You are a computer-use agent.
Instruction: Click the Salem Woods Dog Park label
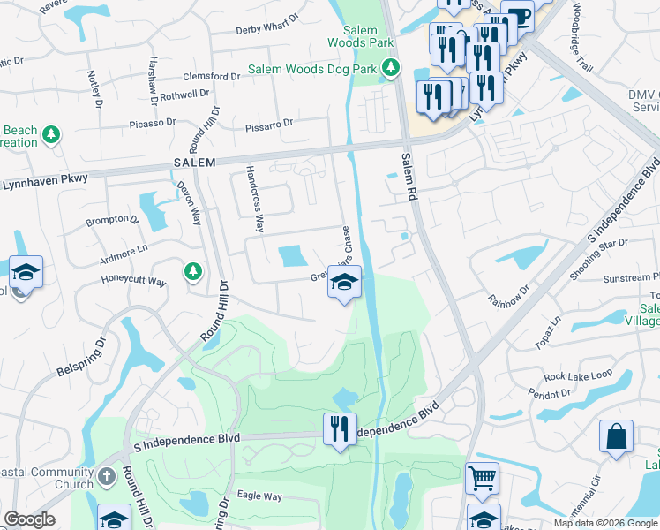pyautogui.click(x=313, y=68)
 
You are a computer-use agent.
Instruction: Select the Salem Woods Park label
pyautogui.click(x=360, y=36)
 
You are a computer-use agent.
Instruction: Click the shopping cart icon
pyautogui.click(x=483, y=478)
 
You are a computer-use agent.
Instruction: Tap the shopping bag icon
pyautogui.click(x=616, y=437)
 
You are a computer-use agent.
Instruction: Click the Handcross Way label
pyautogui.click(x=255, y=198)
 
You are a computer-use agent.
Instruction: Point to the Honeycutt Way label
pyautogui.click(x=131, y=282)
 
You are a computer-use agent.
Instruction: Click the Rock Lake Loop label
pyautogui.click(x=578, y=375)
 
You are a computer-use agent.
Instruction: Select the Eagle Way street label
pyautogui.click(x=259, y=496)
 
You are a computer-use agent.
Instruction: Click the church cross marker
pyautogui.click(x=105, y=478)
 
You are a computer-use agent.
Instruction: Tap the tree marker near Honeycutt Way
pyautogui.click(x=192, y=271)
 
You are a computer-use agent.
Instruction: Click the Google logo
pyautogui.click(x=29, y=519)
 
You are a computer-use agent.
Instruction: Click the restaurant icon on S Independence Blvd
pyautogui.click(x=339, y=430)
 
